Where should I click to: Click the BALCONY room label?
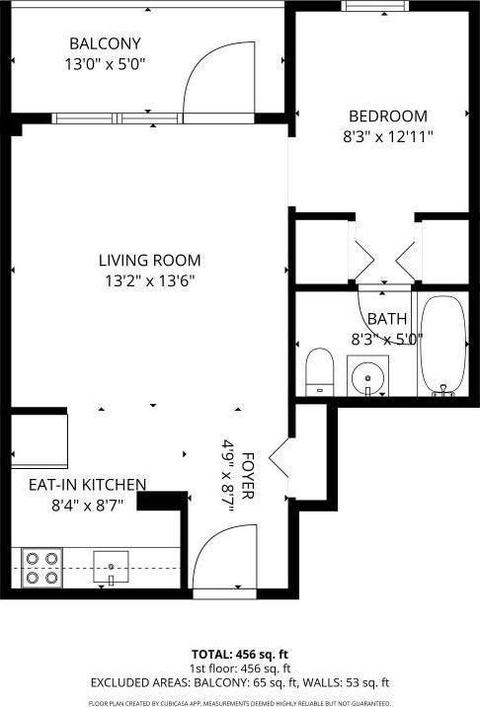pos(105,43)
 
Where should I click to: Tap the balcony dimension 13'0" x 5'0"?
pos(105,63)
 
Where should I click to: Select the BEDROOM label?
pos(387,116)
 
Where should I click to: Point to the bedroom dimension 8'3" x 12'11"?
pos(387,135)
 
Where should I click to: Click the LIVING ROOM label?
pos(149,261)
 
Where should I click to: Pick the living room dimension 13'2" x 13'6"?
pos(149,280)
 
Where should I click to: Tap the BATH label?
pos(386,319)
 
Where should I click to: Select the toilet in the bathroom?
pos(319,371)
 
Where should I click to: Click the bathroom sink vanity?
pos(368,376)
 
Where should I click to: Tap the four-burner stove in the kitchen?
pos(42,568)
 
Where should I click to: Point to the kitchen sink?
pos(112,567)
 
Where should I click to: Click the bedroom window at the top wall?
pos(374,6)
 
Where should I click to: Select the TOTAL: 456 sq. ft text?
pos(239,654)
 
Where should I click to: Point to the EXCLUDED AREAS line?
pos(239,682)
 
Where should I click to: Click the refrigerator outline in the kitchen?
pos(39,440)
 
